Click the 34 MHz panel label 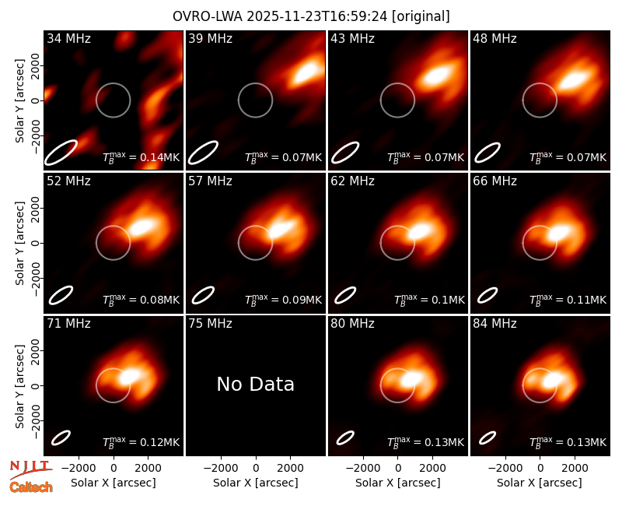(68, 38)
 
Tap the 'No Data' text (256, 384)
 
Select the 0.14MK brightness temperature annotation (142, 157)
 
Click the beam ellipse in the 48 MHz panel (487, 153)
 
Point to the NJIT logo (30, 469)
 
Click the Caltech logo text (31, 487)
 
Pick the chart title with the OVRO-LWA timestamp (311, 16)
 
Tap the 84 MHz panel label (494, 324)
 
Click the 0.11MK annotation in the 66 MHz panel (568, 300)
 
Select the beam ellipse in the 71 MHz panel (61, 438)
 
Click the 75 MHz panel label (210, 324)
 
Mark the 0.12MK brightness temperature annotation (142, 442)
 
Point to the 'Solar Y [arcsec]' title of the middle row (19, 243)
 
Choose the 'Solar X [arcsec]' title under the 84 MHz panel (540, 483)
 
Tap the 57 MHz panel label (210, 181)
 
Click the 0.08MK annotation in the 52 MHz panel (142, 300)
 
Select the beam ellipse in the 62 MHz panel (345, 295)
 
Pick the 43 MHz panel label (353, 38)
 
